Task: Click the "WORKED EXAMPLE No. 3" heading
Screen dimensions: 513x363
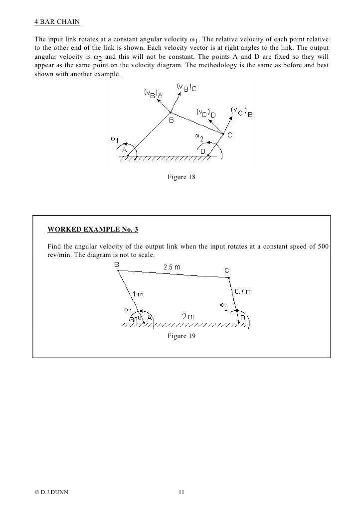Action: (x=93, y=230)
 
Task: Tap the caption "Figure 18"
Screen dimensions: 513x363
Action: (x=181, y=177)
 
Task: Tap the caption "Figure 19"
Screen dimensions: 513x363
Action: (x=181, y=336)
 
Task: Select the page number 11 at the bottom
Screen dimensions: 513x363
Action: (x=181, y=493)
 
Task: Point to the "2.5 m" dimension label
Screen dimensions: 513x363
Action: (x=172, y=267)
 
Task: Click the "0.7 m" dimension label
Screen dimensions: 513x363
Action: (x=243, y=291)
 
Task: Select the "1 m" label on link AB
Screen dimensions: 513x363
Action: (x=138, y=294)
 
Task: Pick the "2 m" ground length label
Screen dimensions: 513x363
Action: (x=188, y=317)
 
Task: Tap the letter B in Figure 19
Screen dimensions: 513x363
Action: (x=116, y=265)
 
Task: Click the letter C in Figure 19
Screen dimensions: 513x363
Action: (x=226, y=270)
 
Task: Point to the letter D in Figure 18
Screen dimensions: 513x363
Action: (x=203, y=151)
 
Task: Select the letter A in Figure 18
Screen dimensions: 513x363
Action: (x=125, y=149)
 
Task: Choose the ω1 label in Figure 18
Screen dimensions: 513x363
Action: (x=114, y=139)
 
